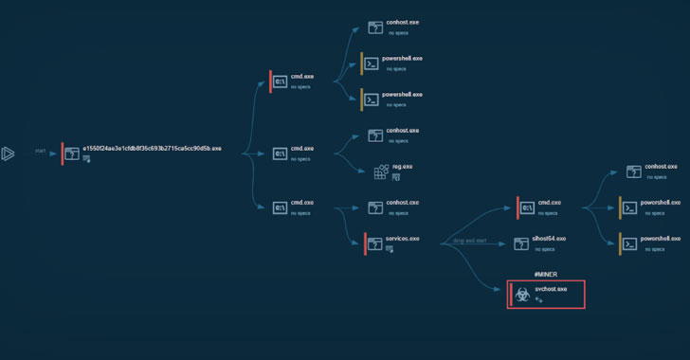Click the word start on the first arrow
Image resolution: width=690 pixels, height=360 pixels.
pos(41,151)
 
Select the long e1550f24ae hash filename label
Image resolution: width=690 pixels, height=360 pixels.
pos(152,149)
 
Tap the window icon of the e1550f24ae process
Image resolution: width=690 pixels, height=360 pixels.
pos(72,153)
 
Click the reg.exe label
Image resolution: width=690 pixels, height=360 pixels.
pos(403,166)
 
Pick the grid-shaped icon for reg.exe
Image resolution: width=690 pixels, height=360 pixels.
pos(381,171)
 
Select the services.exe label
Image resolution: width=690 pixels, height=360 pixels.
pos(401,238)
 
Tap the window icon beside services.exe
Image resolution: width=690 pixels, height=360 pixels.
pos(374,243)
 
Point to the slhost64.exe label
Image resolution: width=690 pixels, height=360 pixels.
pos(549,239)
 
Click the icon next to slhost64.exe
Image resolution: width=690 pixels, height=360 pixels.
pos(521,243)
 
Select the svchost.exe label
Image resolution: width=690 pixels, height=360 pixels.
pos(551,288)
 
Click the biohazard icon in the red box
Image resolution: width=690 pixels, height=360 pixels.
pos(521,295)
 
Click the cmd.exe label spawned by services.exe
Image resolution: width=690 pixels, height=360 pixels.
pos(550,202)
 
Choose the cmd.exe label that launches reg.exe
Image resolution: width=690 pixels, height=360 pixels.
pos(302,148)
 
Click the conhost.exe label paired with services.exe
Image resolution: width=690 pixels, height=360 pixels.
pos(402,202)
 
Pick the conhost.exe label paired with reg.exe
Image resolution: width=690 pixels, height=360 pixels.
pos(402,130)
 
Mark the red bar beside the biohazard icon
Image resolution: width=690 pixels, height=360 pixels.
pos(509,295)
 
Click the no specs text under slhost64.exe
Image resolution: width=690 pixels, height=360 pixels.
pos(544,249)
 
